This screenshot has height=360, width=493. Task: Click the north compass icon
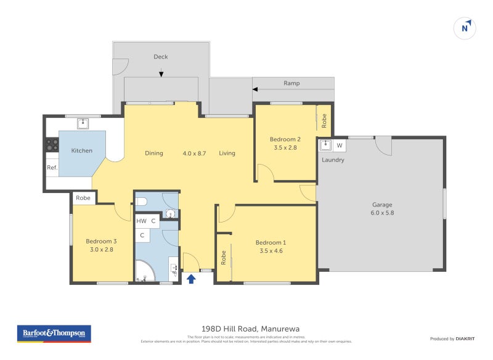point(465,28)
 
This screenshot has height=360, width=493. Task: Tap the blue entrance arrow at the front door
point(191,279)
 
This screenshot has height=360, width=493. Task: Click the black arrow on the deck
point(161,73)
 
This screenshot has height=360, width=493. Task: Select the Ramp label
point(291,83)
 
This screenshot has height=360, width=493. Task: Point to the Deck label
point(161,57)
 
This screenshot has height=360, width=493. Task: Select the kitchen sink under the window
point(83,123)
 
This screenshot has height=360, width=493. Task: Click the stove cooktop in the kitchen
point(52,145)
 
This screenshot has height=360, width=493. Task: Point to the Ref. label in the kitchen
point(52,167)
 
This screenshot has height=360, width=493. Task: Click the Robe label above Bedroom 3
point(83,198)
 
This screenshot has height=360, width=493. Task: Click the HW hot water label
point(141,220)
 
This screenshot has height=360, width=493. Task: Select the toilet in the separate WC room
point(141,201)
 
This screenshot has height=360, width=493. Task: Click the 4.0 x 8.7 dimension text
point(194,153)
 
